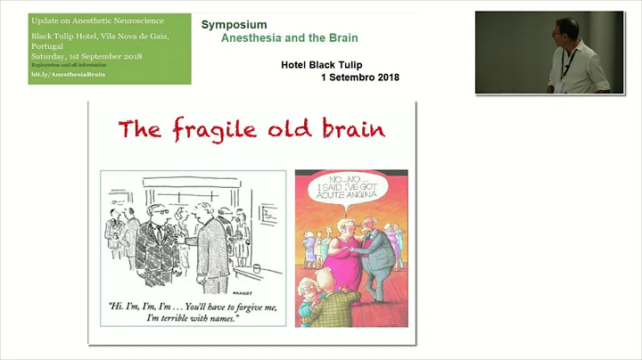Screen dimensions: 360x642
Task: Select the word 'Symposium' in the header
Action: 234,25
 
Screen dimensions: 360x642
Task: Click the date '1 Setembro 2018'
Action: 359,78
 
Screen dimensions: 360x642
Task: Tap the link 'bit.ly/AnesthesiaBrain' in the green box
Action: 67,75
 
